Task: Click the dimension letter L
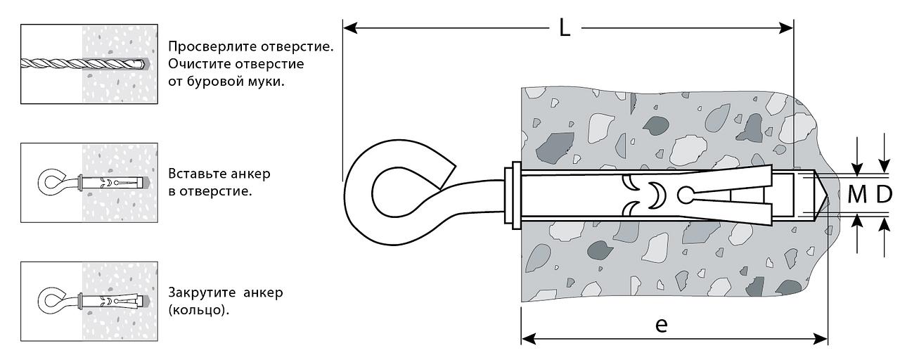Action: [565, 28]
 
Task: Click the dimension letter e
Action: [662, 324]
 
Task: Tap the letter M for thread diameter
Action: [857, 195]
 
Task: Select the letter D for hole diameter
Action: [884, 195]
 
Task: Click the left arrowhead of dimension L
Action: [350, 28]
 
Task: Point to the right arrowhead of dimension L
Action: [786, 28]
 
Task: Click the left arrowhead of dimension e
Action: [528, 339]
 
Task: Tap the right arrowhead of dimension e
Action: [821, 339]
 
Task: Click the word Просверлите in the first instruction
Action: [212, 47]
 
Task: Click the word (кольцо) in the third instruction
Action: [198, 310]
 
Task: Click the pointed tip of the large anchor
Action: [827, 196]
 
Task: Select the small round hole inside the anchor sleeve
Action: [684, 195]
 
